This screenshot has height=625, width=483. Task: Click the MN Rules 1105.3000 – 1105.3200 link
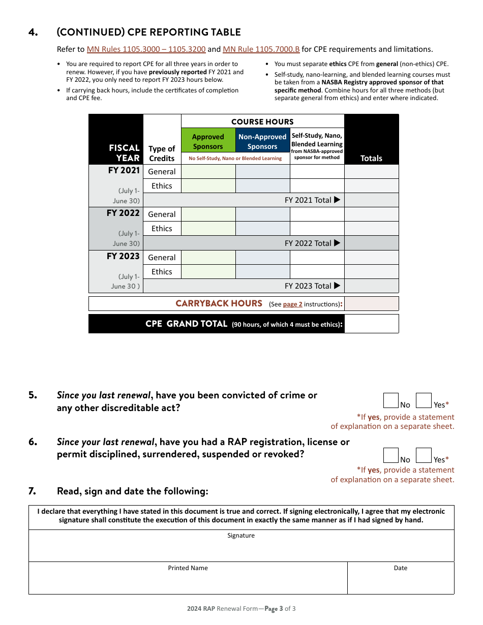point(146,49)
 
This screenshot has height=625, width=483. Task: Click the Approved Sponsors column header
point(208,141)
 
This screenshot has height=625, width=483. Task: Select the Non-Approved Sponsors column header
point(262,141)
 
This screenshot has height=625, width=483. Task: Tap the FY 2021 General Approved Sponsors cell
point(208,172)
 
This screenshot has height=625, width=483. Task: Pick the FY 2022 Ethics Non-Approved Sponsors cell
point(262,229)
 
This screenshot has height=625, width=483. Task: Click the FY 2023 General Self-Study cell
point(317,258)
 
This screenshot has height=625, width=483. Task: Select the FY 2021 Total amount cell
point(371,200)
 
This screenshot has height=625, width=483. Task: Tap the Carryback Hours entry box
point(371,304)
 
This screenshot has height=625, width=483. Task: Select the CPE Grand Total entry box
point(371,324)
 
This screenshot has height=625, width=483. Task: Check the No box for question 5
point(390,400)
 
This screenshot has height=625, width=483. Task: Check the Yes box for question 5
point(424,400)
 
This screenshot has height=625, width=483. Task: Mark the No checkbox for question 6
point(390,455)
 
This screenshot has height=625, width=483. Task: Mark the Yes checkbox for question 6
point(424,455)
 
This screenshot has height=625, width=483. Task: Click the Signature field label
point(241,536)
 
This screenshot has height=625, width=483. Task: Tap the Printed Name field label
point(188,568)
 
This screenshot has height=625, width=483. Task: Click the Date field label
point(401,568)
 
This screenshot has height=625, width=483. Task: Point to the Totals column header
point(371,158)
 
